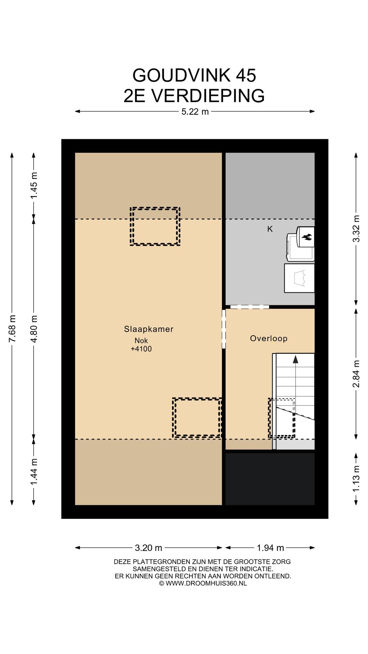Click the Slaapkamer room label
pos(149,329)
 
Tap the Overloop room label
pos(269,338)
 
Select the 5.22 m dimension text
pos(195,111)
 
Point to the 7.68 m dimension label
pos(12,328)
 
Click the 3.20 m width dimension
pos(149,548)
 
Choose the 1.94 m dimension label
pos(270,548)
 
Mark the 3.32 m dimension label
pos(356,229)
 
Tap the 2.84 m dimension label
pos(356,374)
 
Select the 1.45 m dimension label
pos(34,185)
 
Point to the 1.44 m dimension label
pos(34,471)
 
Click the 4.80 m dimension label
pos(34,328)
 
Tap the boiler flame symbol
pos(307,237)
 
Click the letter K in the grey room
pos(270,229)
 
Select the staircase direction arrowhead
pos(295,359)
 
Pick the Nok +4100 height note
pos(141,345)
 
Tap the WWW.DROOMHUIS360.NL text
pos(206,583)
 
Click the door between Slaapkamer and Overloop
pos(224,329)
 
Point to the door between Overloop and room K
pos(249,307)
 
